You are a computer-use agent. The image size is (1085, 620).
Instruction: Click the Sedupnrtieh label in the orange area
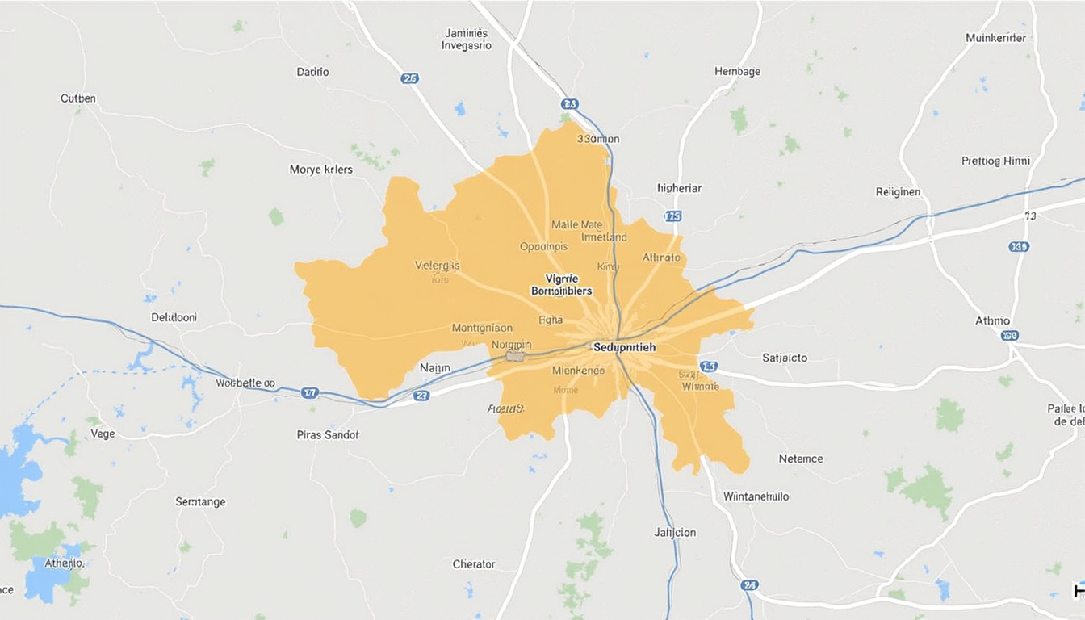point(624,347)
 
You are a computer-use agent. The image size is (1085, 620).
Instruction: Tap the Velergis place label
point(437,265)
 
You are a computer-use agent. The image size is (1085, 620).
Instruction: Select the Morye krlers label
point(320,170)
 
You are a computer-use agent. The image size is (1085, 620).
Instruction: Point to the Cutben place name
point(78,98)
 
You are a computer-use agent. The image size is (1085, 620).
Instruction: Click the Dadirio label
point(312,72)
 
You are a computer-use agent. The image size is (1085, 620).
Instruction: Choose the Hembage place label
point(737,72)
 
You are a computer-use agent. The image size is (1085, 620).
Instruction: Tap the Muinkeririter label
point(995,38)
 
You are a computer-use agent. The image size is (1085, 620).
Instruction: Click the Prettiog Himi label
point(995,161)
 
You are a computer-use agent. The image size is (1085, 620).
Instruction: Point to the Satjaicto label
point(785,358)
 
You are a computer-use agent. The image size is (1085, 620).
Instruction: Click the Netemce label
point(801,459)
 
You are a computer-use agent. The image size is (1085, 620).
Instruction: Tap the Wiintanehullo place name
point(756,496)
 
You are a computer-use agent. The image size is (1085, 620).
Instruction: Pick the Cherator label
point(474,564)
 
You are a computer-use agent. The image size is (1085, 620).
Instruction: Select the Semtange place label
point(200,502)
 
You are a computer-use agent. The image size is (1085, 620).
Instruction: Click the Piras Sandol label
point(327,434)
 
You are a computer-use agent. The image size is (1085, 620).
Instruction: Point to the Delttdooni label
point(174,317)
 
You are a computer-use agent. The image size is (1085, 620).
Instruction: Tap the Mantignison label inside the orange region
point(482,328)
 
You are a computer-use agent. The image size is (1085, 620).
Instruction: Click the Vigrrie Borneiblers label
point(561,284)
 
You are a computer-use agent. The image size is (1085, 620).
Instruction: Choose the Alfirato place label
point(661,258)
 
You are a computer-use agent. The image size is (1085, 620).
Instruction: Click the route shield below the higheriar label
point(672,216)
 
